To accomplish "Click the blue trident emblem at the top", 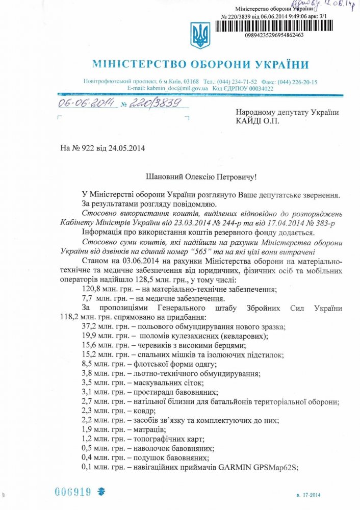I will pos(200,35).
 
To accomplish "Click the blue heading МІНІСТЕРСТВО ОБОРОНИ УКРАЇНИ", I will pos(200,65).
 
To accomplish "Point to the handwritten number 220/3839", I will pos(151,104).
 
